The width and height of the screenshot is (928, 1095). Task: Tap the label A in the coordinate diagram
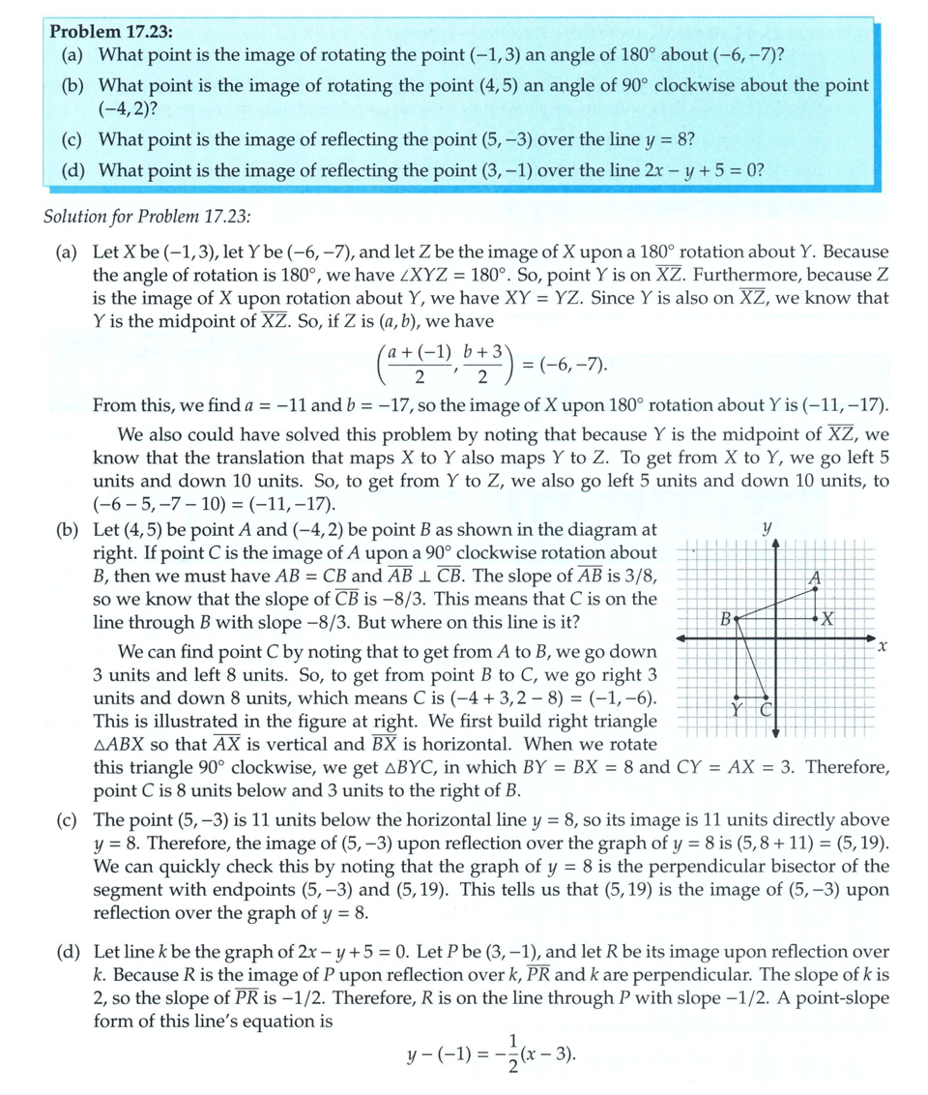[x=815, y=577]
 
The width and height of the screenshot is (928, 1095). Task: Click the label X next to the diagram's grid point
[x=830, y=618]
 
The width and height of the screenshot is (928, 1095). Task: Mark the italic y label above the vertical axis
[x=767, y=529]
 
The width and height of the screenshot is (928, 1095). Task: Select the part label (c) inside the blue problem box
[x=72, y=139]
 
